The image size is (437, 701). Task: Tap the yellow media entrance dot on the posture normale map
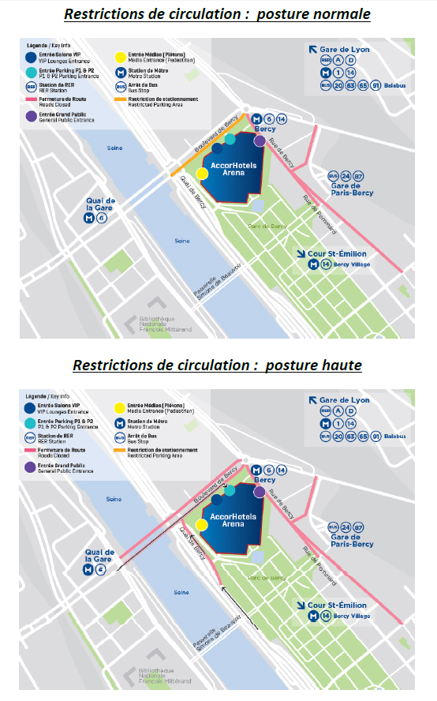[202, 174]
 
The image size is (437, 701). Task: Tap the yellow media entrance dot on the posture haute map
[202, 525]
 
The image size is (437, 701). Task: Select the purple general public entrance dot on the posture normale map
[260, 141]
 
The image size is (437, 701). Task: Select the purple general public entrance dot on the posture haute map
[260, 493]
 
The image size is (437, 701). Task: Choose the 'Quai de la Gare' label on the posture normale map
[100, 204]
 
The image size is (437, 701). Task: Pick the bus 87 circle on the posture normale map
[359, 175]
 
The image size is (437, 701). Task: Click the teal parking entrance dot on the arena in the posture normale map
[230, 139]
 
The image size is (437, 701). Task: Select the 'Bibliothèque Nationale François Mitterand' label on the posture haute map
[157, 676]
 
